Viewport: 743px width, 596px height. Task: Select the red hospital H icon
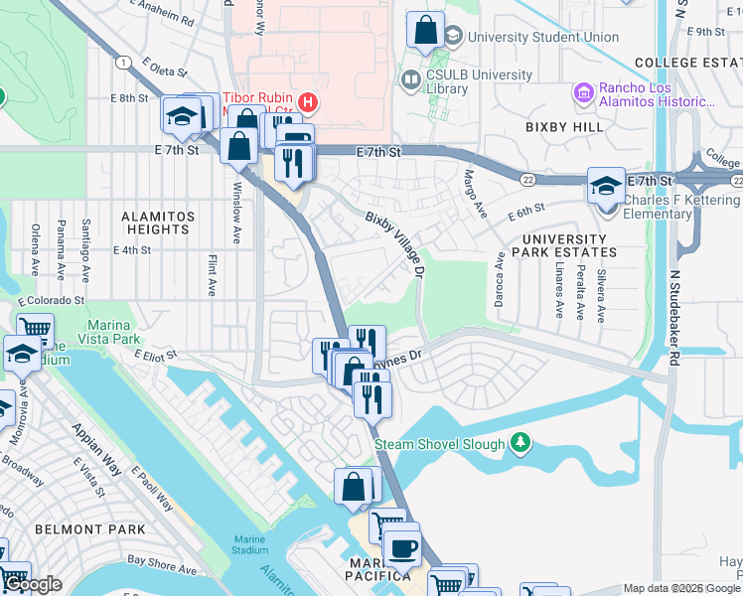[x=308, y=101]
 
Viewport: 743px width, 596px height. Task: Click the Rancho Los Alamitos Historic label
[x=657, y=94]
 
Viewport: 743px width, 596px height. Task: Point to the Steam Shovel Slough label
[x=441, y=444]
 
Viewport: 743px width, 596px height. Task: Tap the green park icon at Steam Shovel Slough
[x=519, y=442]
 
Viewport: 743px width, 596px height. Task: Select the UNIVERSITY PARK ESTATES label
[x=564, y=245]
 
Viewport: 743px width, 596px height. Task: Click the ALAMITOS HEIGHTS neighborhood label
[x=155, y=223]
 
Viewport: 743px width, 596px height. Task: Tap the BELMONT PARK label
[x=76, y=529]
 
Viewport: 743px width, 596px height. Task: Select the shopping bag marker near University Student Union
[x=425, y=32]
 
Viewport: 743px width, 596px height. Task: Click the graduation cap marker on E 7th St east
[x=606, y=186]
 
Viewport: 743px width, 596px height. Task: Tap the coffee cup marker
[x=401, y=546]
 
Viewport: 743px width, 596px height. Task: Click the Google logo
[x=33, y=584]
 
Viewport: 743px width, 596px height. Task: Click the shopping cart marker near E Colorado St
[x=35, y=328]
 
